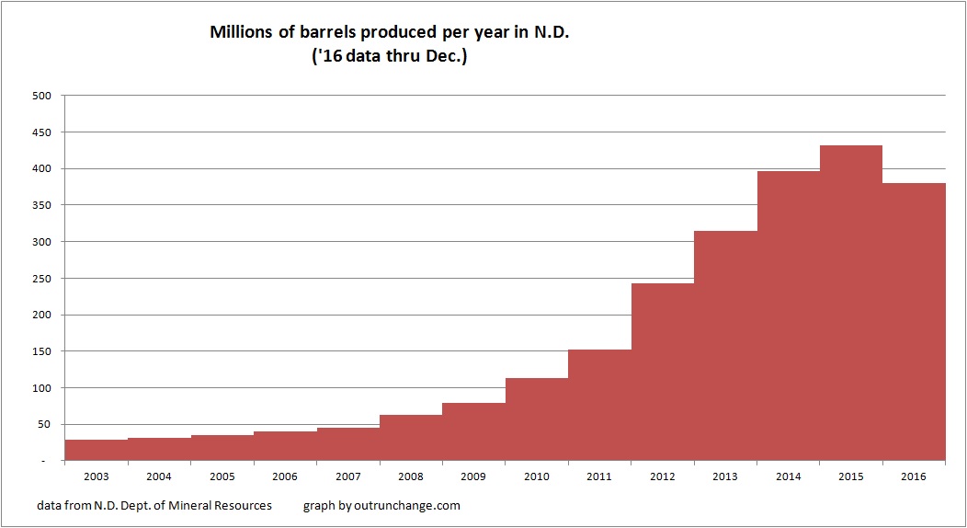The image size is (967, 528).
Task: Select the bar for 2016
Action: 914,322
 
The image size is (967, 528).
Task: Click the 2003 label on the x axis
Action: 96,476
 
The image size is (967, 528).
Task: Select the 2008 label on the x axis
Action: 411,476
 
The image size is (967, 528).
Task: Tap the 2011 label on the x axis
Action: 599,476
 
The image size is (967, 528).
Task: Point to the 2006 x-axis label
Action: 284,476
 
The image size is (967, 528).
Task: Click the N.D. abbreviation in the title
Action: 563,32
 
